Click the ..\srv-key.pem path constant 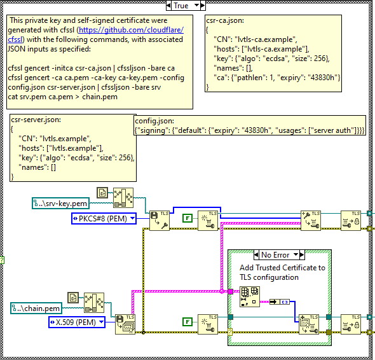click(x=61, y=204)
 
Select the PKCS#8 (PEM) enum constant click(x=104, y=219)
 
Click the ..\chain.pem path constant click(x=36, y=308)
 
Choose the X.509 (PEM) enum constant click(x=77, y=322)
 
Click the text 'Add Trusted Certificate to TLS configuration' click(x=282, y=272)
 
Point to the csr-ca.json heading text click(x=225, y=20)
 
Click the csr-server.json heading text click(x=36, y=120)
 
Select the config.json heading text click(x=154, y=121)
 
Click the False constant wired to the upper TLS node click(x=187, y=218)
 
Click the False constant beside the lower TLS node click(x=187, y=322)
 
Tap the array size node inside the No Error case click(x=250, y=297)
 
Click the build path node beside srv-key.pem click(x=123, y=198)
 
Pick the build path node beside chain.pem click(x=94, y=303)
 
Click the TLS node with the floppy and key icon click(x=160, y=221)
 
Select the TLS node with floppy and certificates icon click(x=125, y=324)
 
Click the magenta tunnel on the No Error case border click(x=231, y=291)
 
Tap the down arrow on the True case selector click(x=197, y=5)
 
